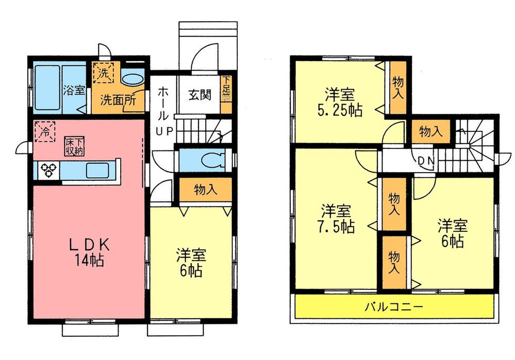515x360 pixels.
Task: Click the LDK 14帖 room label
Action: pos(87,251)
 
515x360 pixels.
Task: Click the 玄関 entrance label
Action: pos(199,95)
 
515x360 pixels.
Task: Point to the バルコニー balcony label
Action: pos(394,307)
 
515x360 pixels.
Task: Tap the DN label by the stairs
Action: pos(426,161)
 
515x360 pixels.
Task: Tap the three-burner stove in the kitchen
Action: pos(49,170)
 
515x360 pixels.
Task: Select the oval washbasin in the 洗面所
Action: pos(133,80)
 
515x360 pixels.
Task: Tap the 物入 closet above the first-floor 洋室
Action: pos(205,190)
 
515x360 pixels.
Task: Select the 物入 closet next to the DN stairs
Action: pos(430,131)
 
